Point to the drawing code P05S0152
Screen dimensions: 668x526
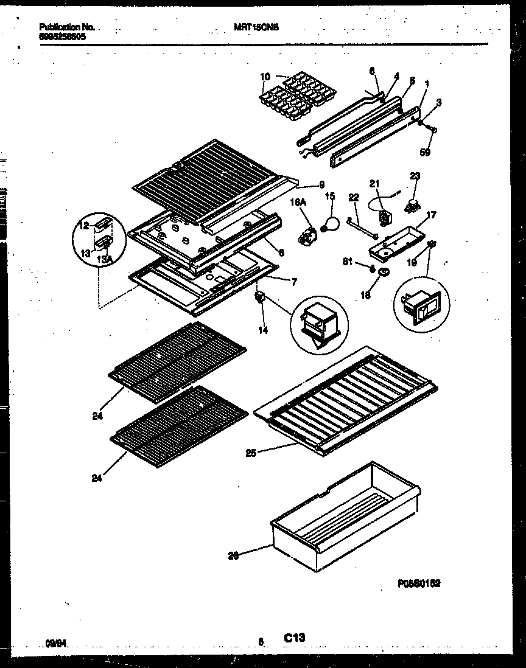pos(419,583)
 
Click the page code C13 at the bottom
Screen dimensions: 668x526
pos(294,637)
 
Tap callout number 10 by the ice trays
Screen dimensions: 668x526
pos(265,77)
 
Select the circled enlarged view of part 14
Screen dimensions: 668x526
pos(319,322)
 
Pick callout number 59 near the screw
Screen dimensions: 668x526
pos(426,153)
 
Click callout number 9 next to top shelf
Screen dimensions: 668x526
pos(321,185)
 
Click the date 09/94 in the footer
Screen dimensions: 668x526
pos(55,641)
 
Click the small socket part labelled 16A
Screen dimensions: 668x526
pos(309,235)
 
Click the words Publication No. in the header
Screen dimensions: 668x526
pos(67,27)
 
